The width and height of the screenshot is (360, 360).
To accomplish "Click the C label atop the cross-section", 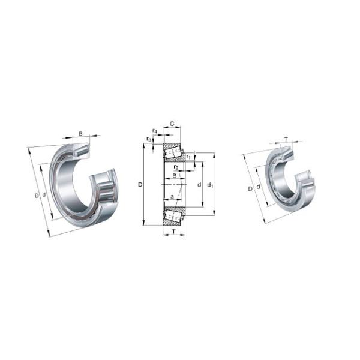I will (x=172, y=124).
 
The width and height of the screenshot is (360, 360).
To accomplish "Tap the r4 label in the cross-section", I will (x=155, y=130).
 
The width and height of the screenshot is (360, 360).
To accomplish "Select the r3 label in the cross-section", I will (x=149, y=139).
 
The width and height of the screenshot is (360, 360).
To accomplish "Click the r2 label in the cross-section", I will (x=175, y=167).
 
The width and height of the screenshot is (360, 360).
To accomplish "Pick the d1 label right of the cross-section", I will (x=210, y=185).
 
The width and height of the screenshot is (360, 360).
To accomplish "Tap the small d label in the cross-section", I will (x=199, y=185).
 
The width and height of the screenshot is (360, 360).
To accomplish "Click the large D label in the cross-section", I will (x=140, y=185).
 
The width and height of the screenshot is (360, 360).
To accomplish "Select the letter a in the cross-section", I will (x=172, y=197).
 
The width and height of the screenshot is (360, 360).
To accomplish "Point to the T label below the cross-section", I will (x=173, y=232).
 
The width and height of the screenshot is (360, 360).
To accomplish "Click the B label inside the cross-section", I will (x=174, y=176).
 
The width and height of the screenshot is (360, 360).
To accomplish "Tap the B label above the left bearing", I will (x=80, y=133).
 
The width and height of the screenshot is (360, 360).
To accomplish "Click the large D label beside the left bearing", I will (x=36, y=196).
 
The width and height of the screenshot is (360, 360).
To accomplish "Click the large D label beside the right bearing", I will (x=250, y=189).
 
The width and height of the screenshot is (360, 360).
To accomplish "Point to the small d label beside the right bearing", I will (x=258, y=187).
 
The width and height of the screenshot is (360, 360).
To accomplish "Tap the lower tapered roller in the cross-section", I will (x=174, y=215).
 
